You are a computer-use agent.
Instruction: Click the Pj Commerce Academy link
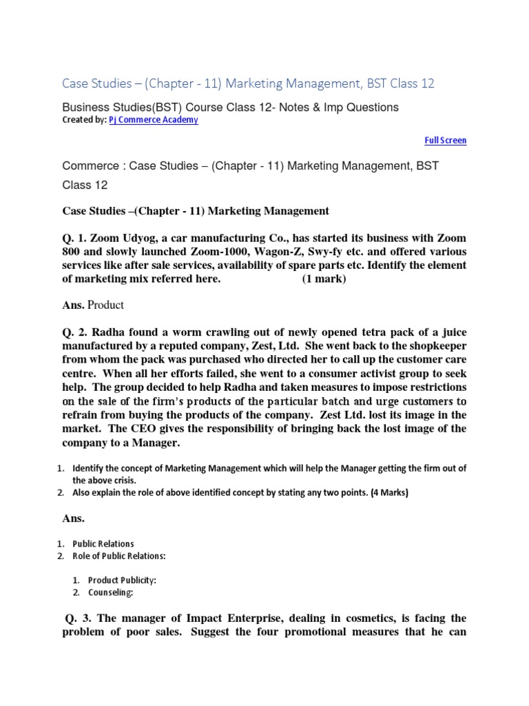(x=153, y=120)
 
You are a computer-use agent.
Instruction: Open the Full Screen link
(x=445, y=141)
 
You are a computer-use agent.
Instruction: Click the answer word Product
(x=106, y=305)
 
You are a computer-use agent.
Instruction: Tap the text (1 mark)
(x=324, y=279)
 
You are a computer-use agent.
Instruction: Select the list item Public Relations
(x=103, y=544)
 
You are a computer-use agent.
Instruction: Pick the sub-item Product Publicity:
(x=122, y=580)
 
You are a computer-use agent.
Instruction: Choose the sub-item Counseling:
(x=111, y=592)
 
